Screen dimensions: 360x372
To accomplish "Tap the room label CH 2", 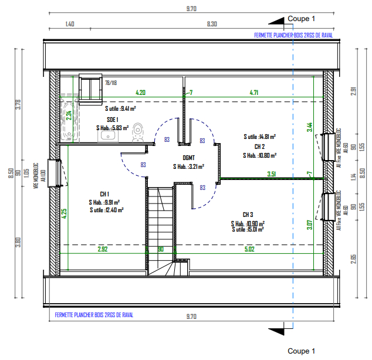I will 259,147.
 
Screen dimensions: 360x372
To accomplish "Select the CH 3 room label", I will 247,215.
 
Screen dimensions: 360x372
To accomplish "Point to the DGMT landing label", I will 188,158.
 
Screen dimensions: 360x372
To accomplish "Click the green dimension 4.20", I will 141,92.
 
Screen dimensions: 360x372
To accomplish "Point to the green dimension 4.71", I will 254,92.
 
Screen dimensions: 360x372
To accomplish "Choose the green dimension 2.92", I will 103,250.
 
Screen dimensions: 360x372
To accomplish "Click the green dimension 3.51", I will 272,174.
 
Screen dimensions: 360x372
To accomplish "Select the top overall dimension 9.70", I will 191,8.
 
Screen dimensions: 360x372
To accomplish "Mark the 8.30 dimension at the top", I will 212,24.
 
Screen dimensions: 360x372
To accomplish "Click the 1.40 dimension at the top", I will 69,24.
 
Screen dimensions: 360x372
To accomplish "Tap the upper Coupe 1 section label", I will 302,19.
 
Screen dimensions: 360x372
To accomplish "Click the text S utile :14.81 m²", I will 260,137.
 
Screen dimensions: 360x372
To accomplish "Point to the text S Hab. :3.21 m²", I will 188,167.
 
